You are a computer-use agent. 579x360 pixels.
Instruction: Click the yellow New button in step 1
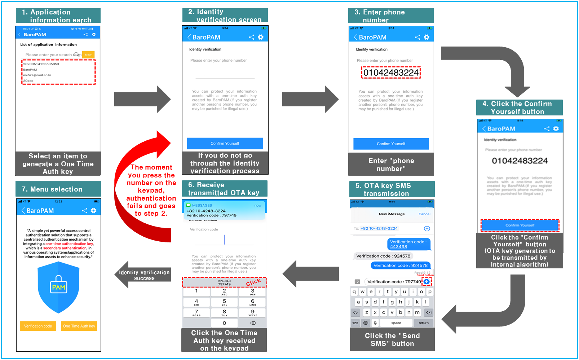[88, 54]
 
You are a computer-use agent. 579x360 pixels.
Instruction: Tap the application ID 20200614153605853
[41, 64]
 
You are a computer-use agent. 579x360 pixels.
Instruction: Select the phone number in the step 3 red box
[391, 73]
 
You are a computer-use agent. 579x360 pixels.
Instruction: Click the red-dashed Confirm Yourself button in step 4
[520, 225]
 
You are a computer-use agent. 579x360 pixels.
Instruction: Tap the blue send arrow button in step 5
[426, 282]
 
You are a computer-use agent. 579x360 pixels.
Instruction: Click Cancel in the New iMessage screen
[424, 214]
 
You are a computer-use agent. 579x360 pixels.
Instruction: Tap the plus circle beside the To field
[427, 228]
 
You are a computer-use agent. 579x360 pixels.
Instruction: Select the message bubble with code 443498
[408, 244]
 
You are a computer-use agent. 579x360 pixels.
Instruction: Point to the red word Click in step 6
[253, 282]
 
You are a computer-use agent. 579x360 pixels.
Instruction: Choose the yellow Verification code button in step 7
[38, 326]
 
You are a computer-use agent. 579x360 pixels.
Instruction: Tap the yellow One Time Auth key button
[79, 326]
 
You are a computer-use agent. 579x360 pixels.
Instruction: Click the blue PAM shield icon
[58, 287]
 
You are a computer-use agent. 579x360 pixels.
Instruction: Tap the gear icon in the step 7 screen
[94, 211]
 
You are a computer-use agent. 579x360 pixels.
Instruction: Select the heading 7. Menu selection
[52, 189]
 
